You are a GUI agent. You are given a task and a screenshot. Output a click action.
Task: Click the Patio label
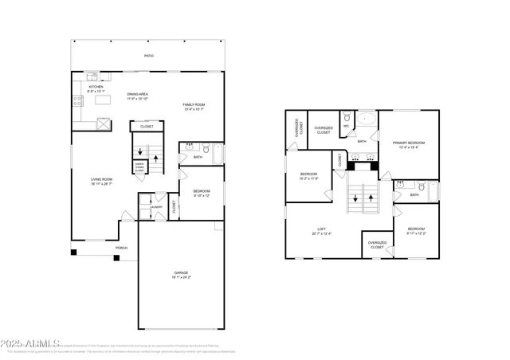click(x=148, y=56)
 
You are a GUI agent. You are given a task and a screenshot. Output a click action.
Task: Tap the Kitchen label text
click(x=84, y=88)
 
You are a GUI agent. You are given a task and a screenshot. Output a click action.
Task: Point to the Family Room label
click(x=194, y=105)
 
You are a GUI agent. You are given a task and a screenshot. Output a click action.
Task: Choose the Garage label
click(x=181, y=274)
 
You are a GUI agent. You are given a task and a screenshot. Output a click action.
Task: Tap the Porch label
click(x=121, y=248)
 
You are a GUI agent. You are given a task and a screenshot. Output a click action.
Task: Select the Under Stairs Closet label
click(x=139, y=167)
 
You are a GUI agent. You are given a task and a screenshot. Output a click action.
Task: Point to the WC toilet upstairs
click(x=347, y=135)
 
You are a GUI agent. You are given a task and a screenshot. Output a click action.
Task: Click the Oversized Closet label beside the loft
click(x=377, y=245)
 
